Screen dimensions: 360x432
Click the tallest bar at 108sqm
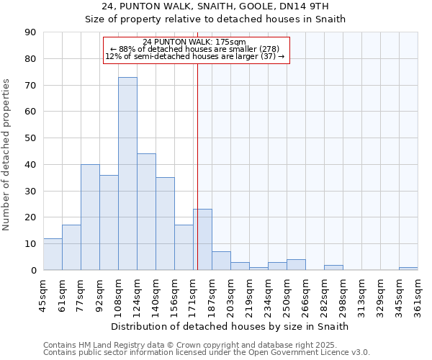coord(127,174)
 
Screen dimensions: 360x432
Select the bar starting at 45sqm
coord(53,254)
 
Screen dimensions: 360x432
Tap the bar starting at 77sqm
coord(90,217)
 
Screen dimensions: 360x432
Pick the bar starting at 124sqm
coord(146,212)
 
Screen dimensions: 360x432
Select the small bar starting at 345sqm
coord(408,269)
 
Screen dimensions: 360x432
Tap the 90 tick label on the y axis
coord(30,32)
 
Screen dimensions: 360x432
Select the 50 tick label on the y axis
coord(30,138)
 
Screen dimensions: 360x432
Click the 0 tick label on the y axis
coord(33,270)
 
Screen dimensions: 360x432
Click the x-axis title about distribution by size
coord(230,326)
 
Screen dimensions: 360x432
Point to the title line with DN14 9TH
coord(215,6)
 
